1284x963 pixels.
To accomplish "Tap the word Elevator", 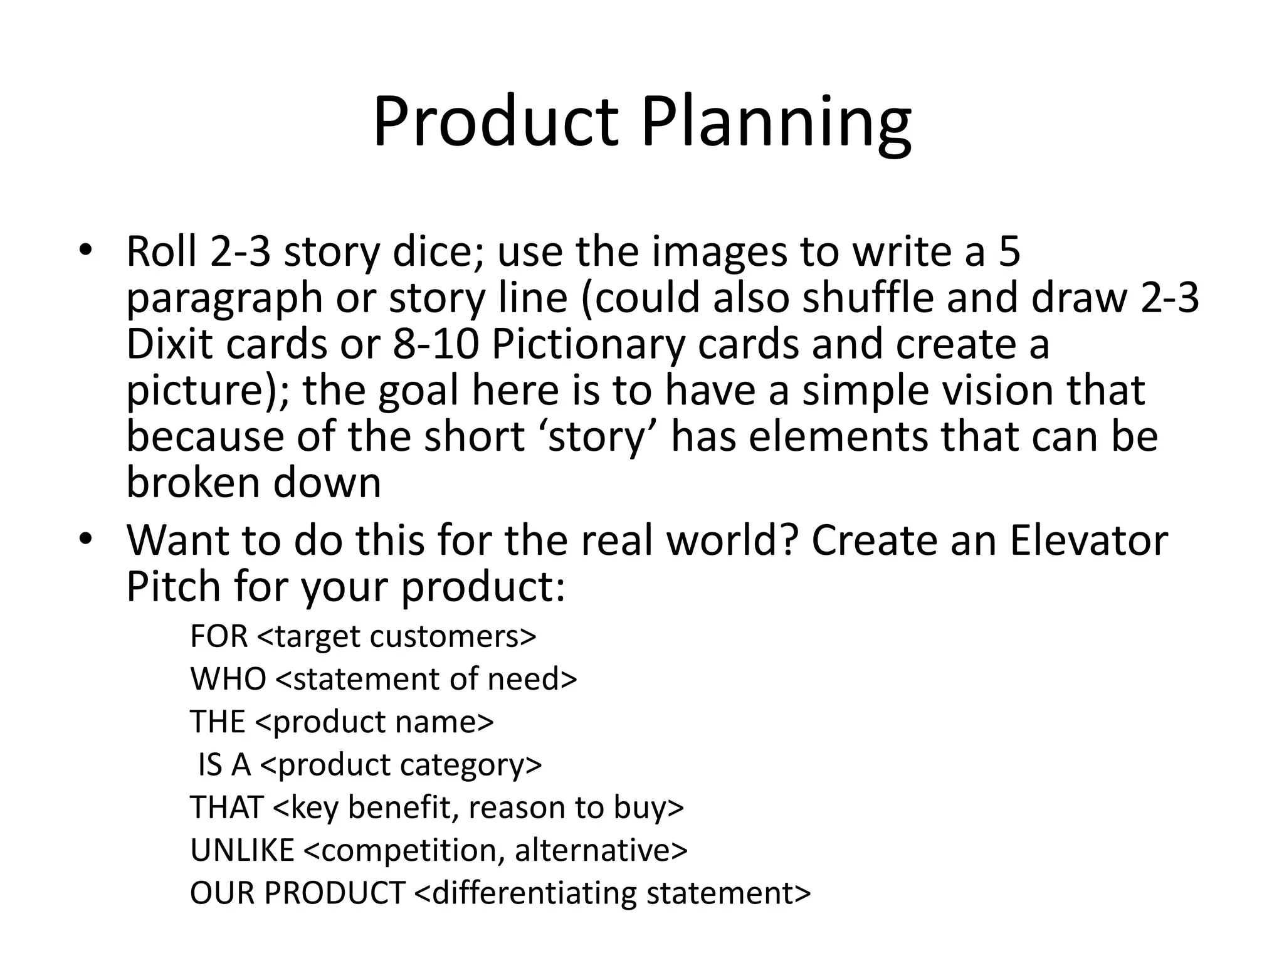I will (1088, 540).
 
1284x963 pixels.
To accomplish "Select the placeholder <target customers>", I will (396, 636).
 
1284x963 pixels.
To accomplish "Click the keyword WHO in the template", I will (228, 679).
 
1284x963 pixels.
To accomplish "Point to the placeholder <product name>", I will (374, 722).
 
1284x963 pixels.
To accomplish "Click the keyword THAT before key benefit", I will (226, 808).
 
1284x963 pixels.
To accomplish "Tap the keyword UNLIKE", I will (241, 850).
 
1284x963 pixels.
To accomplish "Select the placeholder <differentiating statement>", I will (613, 893).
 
